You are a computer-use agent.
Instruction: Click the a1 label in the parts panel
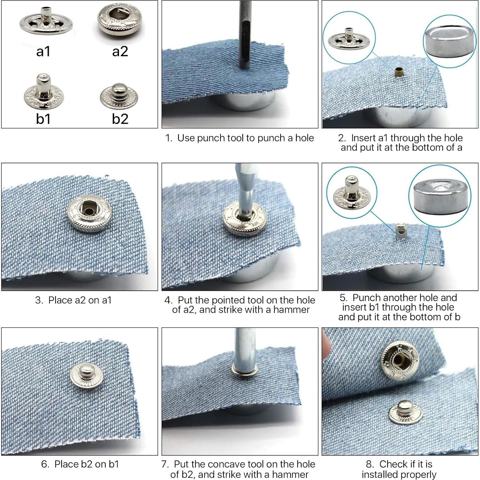43,51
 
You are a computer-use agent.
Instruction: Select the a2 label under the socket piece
120,51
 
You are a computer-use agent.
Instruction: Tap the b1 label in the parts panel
43,119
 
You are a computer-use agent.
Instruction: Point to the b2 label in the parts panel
120,119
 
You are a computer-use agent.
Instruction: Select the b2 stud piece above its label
119,95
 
